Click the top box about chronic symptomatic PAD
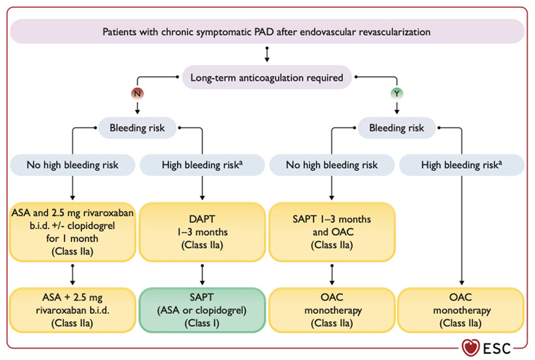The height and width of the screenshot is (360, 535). point(267,31)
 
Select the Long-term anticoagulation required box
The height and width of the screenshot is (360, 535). point(267,78)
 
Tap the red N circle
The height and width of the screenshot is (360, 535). point(137,94)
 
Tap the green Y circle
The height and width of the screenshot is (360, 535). point(396,94)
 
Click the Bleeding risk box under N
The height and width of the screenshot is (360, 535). point(137,128)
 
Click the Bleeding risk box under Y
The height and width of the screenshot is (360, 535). point(396,128)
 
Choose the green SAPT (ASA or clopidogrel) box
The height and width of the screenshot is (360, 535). point(202,309)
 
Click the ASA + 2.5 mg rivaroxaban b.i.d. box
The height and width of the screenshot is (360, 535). point(73,309)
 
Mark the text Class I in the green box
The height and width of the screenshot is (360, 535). point(202,322)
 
